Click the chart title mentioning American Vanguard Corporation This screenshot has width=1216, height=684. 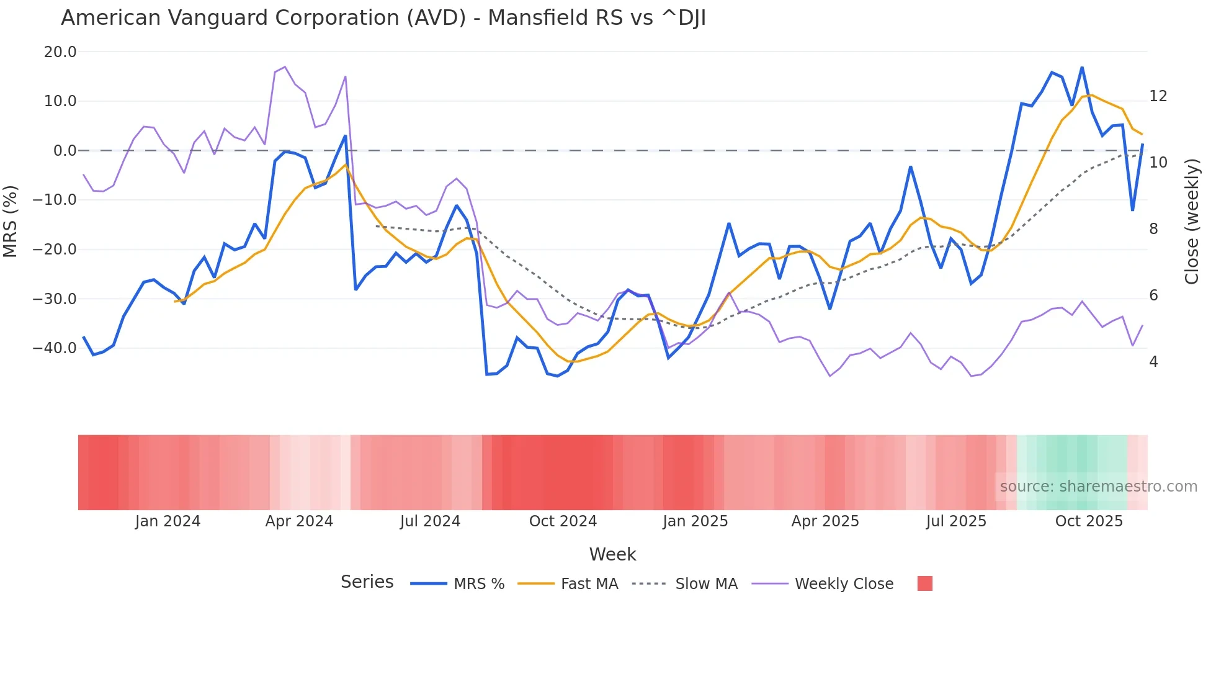[x=383, y=18]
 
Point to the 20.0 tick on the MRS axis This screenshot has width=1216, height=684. [x=60, y=52]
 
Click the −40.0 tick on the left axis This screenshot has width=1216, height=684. [x=55, y=348]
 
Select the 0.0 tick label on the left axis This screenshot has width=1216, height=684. [x=65, y=151]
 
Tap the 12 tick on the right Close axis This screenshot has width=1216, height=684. [x=1158, y=96]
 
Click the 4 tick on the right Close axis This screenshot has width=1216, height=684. [x=1153, y=362]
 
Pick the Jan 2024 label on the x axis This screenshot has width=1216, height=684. [x=168, y=521]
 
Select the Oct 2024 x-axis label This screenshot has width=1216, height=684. [x=563, y=521]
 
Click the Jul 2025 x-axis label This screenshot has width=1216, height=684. [x=956, y=521]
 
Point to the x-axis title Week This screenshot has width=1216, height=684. [x=612, y=554]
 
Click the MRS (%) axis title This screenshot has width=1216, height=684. [x=11, y=221]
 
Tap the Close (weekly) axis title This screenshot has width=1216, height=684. [x=1191, y=222]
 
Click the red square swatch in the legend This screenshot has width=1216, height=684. [x=924, y=583]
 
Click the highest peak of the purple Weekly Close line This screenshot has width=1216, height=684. [x=285, y=66]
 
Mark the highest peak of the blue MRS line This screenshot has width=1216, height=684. [x=1082, y=67]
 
